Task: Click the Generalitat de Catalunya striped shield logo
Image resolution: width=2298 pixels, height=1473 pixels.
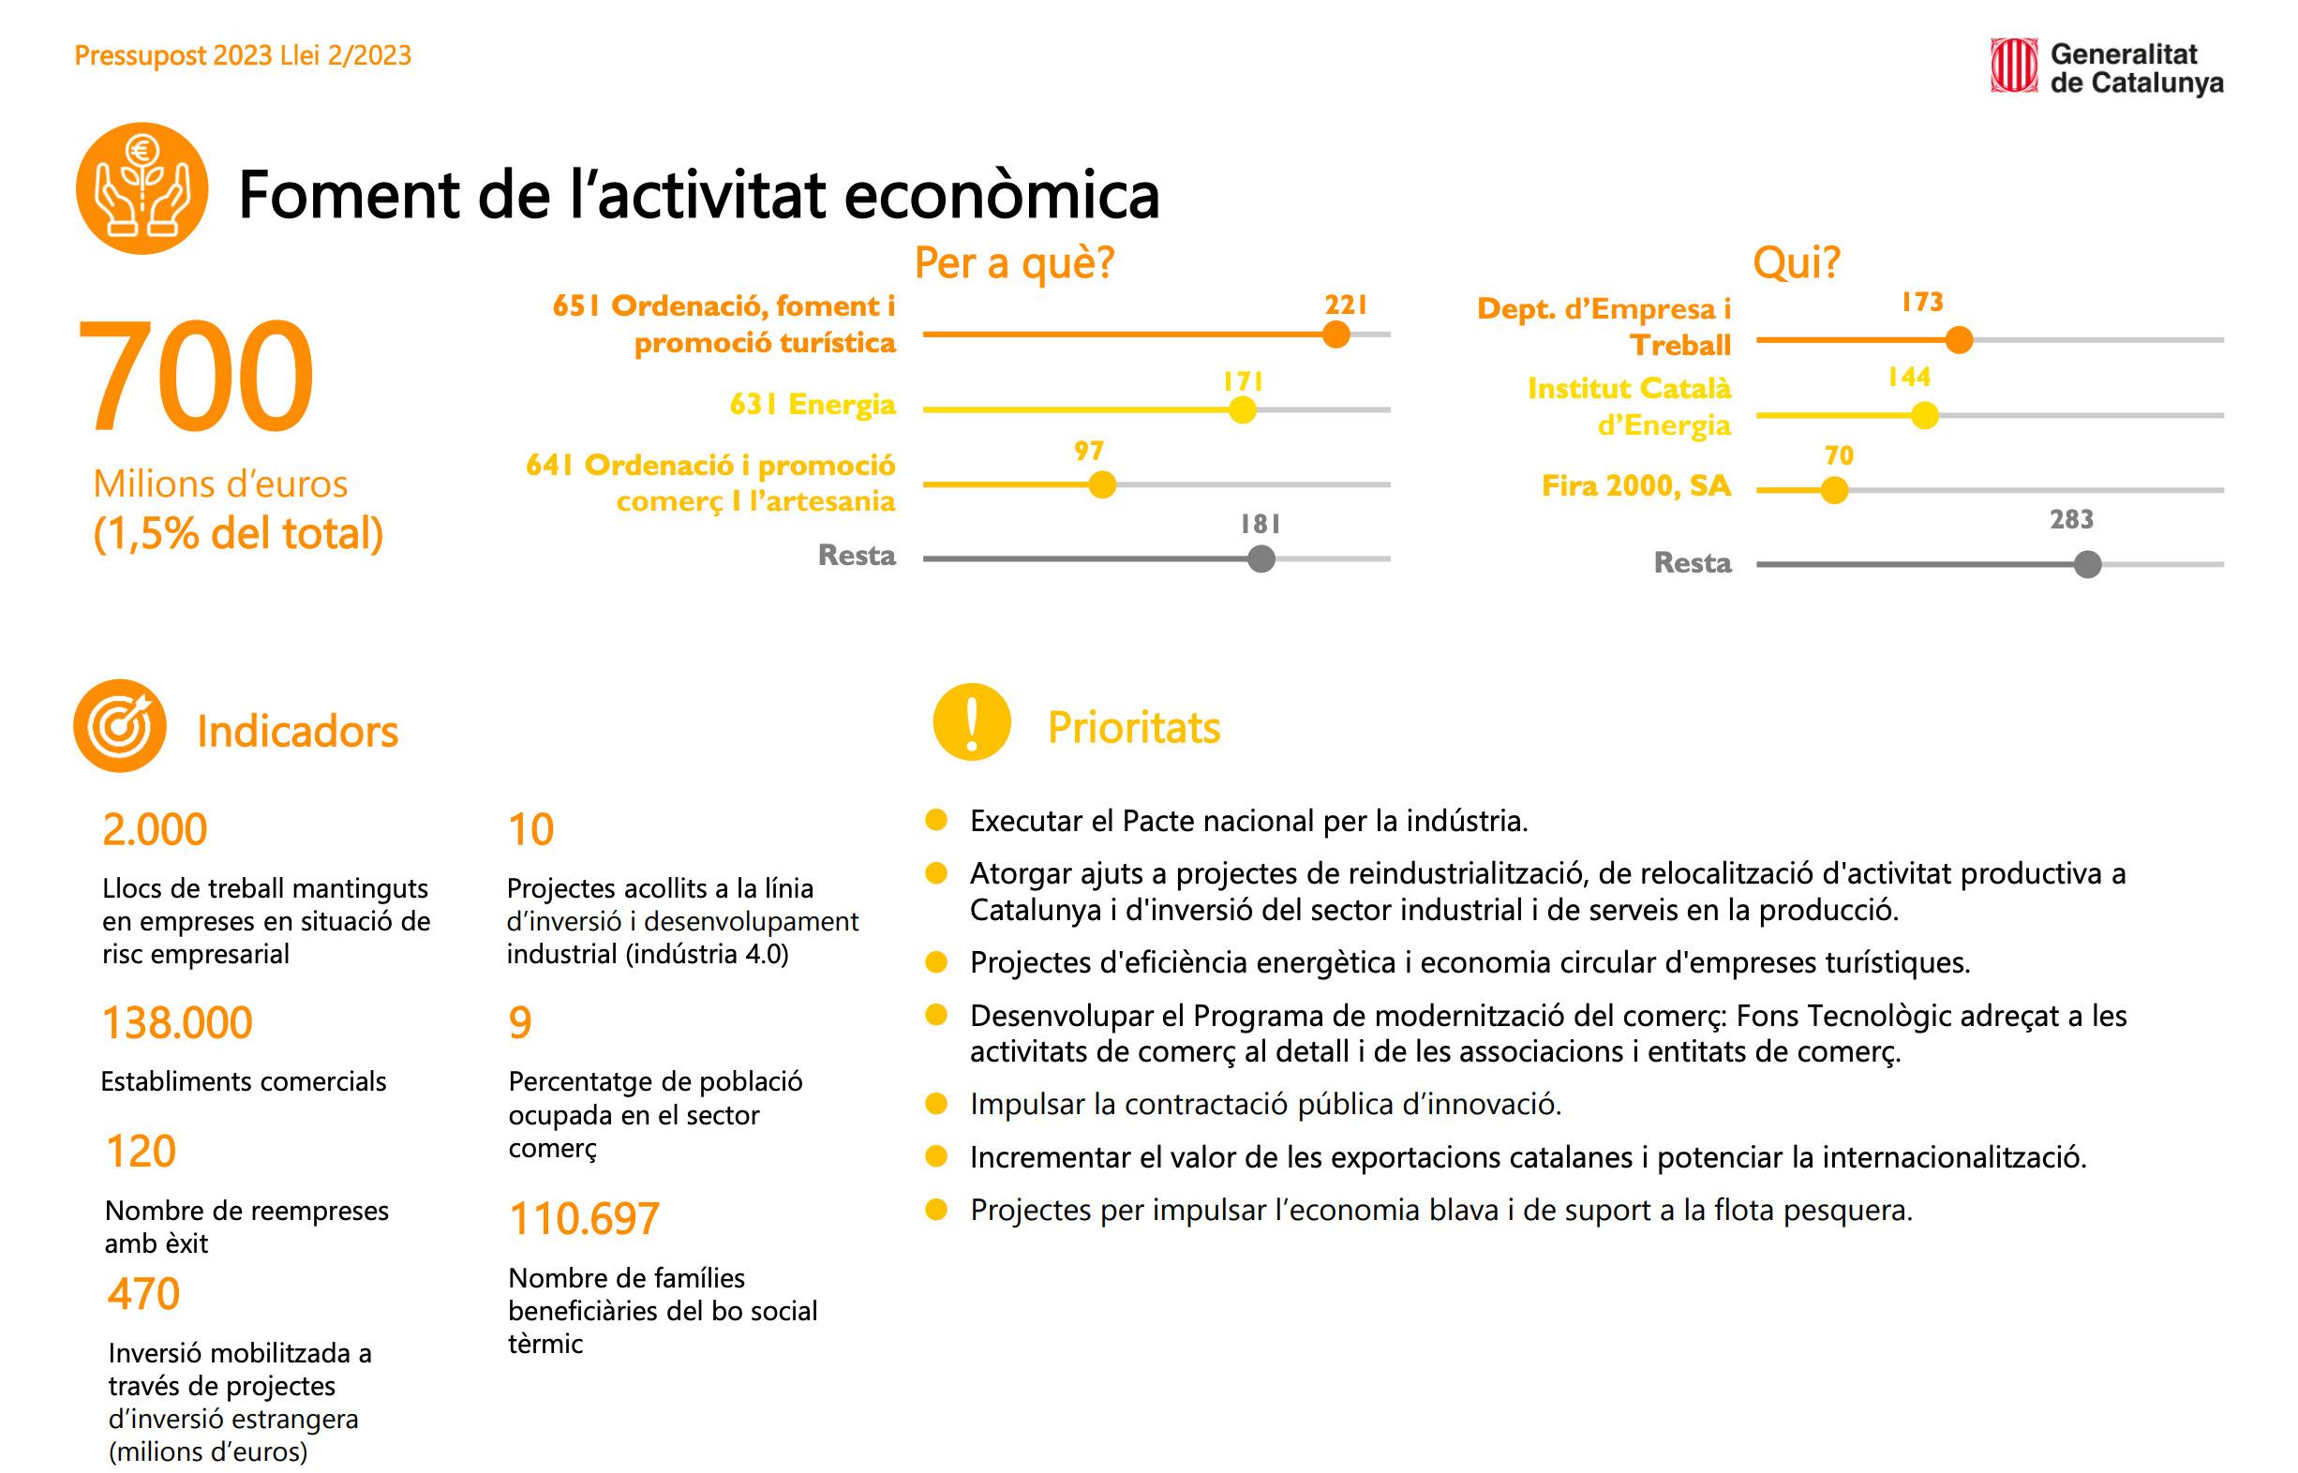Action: [2013, 65]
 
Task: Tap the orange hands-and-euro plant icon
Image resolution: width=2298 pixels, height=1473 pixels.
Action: [142, 188]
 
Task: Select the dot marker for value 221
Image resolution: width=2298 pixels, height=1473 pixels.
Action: [1336, 335]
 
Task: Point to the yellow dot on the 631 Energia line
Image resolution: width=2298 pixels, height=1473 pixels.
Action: [1242, 409]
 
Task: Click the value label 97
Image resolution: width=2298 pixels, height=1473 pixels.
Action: [1089, 451]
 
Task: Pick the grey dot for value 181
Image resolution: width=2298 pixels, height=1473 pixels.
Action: [1261, 558]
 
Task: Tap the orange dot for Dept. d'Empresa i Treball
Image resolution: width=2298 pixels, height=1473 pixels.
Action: [1959, 339]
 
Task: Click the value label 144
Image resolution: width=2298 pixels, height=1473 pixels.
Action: [1909, 377]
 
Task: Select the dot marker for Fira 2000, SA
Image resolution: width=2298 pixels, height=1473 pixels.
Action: [1834, 491]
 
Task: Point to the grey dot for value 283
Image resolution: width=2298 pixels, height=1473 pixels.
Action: [2087, 564]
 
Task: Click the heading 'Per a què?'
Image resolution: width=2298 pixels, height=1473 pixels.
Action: [1014, 263]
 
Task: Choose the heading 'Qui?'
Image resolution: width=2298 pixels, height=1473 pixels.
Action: [1796, 263]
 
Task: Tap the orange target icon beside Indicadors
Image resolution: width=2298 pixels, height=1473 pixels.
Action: [120, 726]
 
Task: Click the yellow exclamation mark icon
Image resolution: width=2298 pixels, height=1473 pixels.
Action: [971, 722]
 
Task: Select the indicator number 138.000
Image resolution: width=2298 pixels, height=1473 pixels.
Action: [177, 1022]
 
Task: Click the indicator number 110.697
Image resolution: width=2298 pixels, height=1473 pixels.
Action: [584, 1218]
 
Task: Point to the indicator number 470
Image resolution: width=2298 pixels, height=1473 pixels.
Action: [143, 1294]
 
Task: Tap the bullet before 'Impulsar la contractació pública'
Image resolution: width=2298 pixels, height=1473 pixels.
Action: [935, 1104]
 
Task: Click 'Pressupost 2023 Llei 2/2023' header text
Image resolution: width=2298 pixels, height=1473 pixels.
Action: [243, 55]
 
